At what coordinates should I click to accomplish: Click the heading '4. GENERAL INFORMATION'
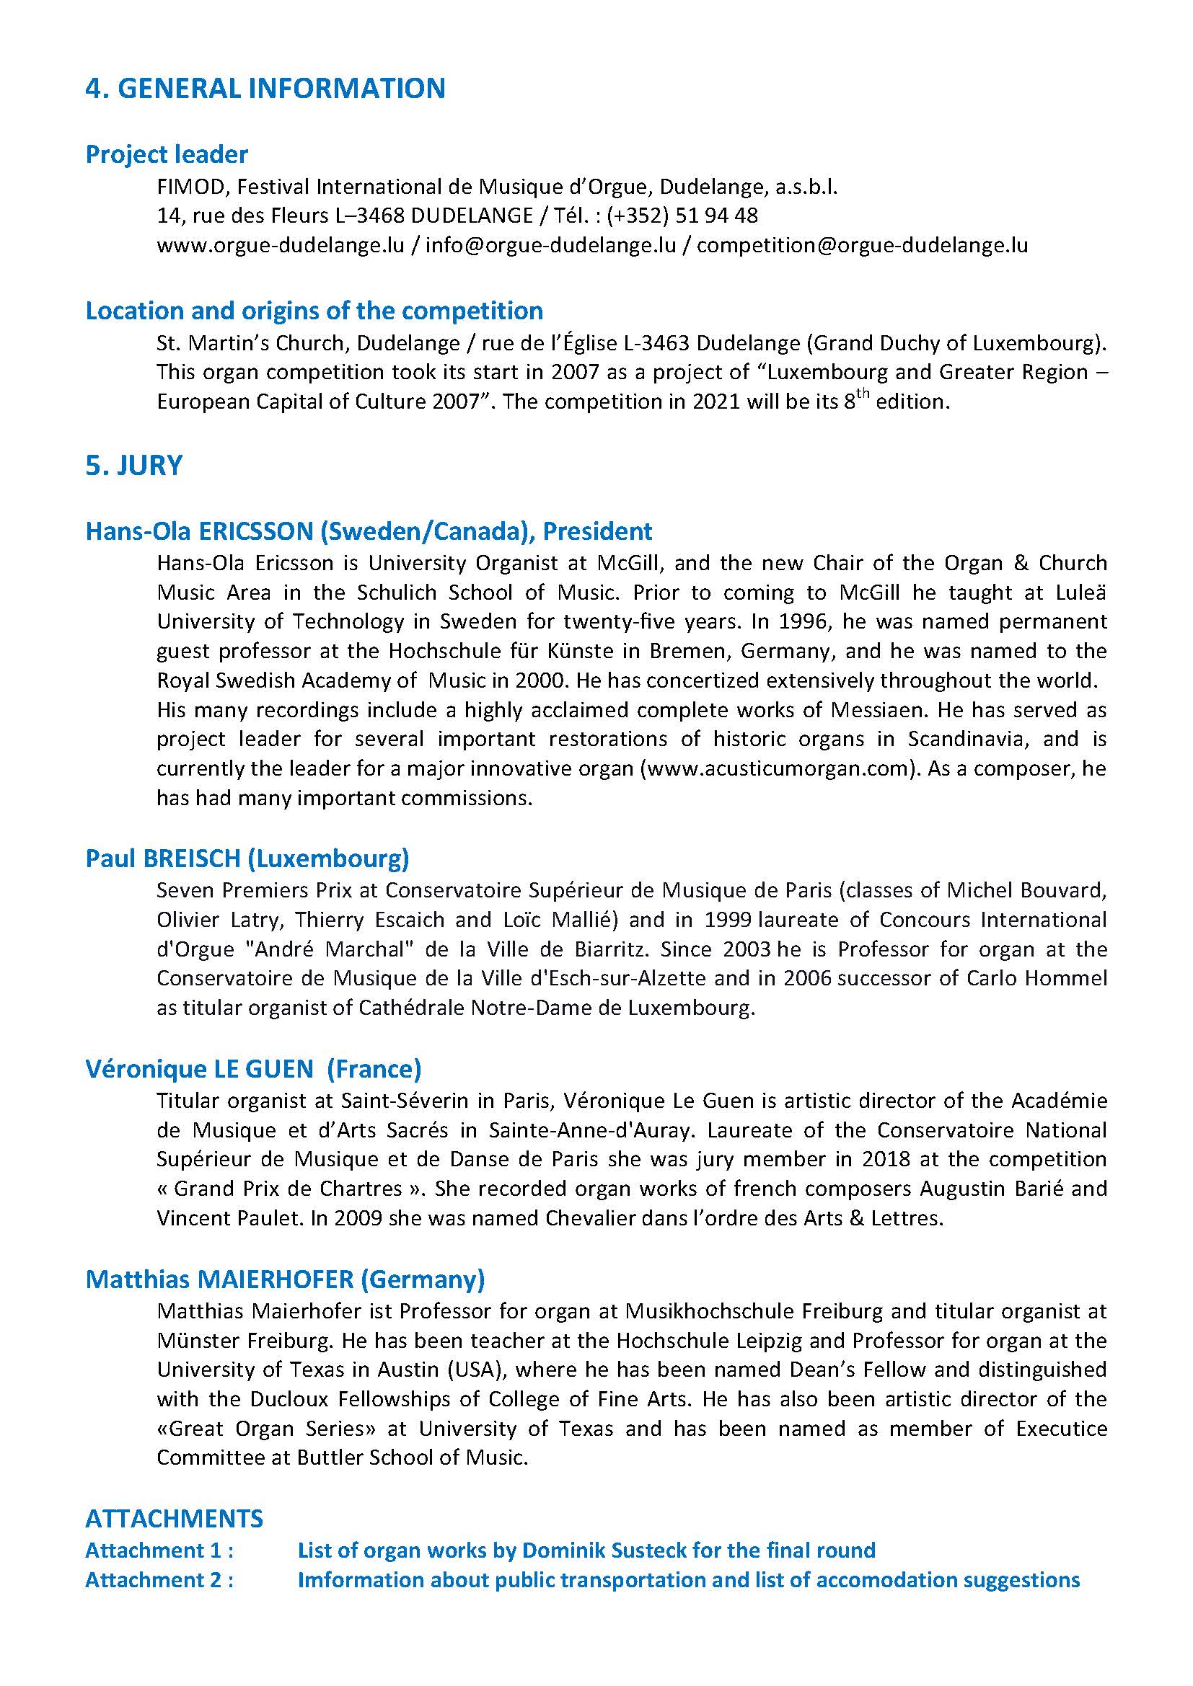tap(265, 89)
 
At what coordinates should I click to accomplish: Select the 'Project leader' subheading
tap(167, 155)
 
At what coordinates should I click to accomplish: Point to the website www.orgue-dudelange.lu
tap(281, 245)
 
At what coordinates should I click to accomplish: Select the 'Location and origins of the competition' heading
tap(314, 311)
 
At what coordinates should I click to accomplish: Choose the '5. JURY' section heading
tap(133, 466)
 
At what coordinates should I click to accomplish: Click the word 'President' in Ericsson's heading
tap(597, 531)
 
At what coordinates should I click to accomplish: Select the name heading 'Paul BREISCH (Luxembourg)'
tap(247, 858)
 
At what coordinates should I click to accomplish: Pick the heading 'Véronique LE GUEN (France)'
tap(253, 1068)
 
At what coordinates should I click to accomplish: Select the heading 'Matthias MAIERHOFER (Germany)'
tap(285, 1279)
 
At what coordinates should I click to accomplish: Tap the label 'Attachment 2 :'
tap(159, 1579)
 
